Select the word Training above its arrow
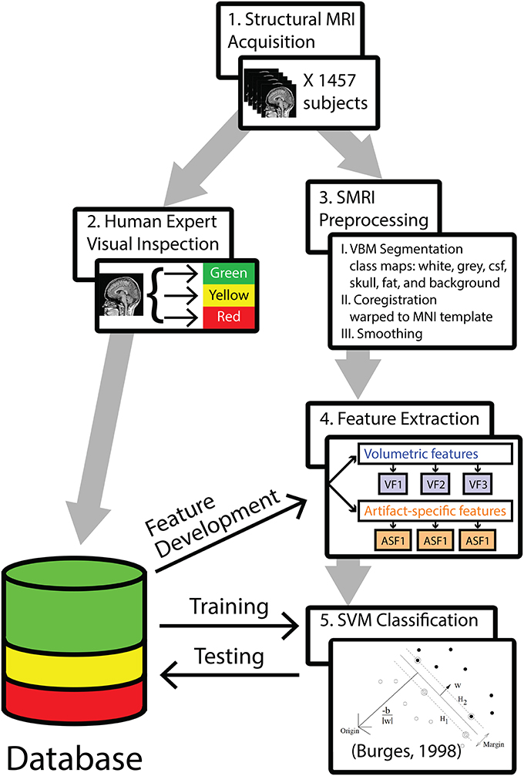tap(230, 606)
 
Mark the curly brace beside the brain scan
tap(160, 294)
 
